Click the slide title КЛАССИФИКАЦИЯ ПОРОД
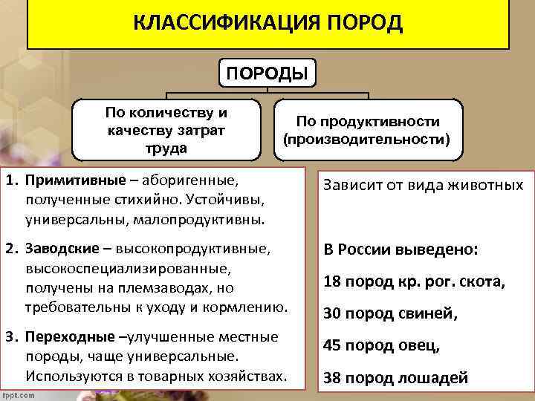[267, 24]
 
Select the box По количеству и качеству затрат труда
[166, 130]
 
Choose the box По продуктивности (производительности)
[368, 130]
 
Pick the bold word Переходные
[65, 338]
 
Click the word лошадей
[438, 378]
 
